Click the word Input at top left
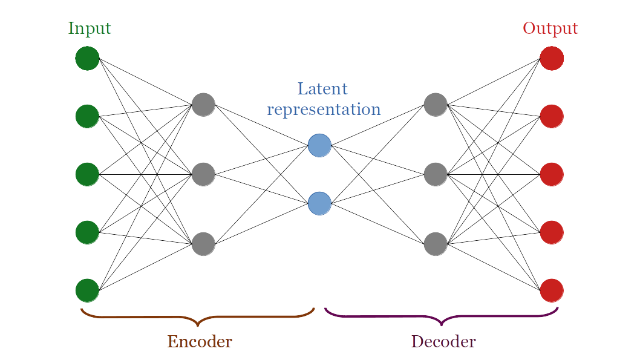tap(90, 28)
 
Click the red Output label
tap(550, 28)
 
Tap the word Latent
tap(322, 89)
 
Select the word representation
tap(324, 110)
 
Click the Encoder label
tap(200, 342)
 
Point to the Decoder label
tap(443, 342)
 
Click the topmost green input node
tap(87, 58)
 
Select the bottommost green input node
tap(87, 290)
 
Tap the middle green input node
tap(87, 174)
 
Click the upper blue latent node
tap(319, 145)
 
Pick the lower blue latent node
tap(319, 203)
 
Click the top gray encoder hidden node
tap(203, 105)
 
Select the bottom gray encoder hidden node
tap(203, 244)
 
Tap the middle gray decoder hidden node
tap(436, 174)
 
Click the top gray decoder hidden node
tap(436, 105)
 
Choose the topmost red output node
tap(552, 58)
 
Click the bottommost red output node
tap(552, 290)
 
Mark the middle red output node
tap(552, 174)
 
